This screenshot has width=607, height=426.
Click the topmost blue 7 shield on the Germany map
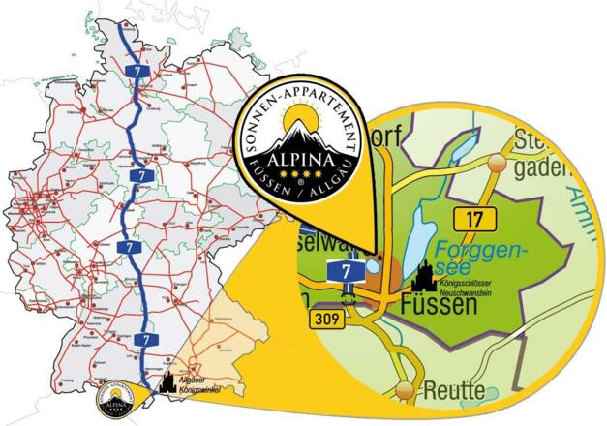(x=143, y=72)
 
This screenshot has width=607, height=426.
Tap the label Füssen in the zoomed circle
(x=439, y=306)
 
